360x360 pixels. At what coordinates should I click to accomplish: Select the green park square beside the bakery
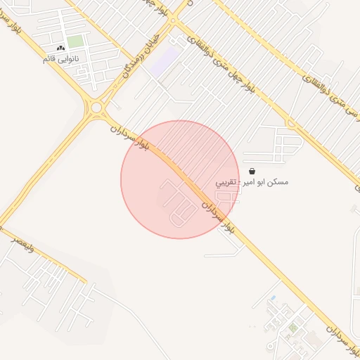click(75, 42)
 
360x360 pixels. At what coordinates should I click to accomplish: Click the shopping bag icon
click(252, 171)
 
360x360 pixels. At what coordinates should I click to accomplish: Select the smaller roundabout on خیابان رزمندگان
click(174, 20)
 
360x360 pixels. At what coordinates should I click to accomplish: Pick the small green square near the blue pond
click(292, 327)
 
